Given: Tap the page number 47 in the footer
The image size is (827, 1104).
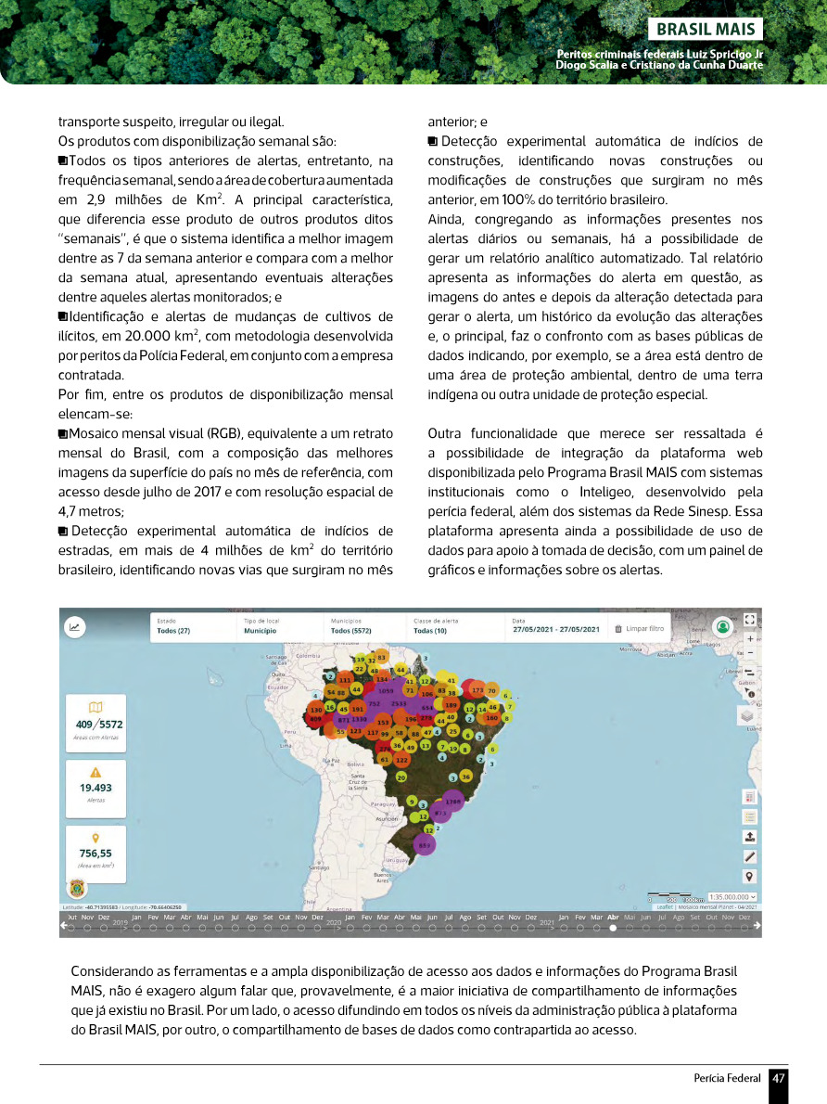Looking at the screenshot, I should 779,1079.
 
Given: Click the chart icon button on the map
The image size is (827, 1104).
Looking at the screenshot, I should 74,627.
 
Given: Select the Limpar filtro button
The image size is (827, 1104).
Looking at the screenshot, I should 641,628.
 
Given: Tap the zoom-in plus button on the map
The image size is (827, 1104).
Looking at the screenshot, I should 750,639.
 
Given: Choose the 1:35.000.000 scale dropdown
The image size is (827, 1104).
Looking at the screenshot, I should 732,897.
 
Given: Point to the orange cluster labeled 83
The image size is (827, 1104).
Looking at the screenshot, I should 381,657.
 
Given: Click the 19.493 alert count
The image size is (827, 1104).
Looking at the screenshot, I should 95,788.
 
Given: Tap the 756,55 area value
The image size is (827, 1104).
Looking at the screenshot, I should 95,854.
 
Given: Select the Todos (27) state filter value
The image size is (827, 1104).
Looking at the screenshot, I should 173,631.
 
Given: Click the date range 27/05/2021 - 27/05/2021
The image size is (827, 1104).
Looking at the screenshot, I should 556,630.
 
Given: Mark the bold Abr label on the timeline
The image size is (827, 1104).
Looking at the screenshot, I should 613,917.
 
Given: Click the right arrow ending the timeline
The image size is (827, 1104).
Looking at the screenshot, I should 757,925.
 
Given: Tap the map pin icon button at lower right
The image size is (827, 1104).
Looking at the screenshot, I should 750,877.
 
